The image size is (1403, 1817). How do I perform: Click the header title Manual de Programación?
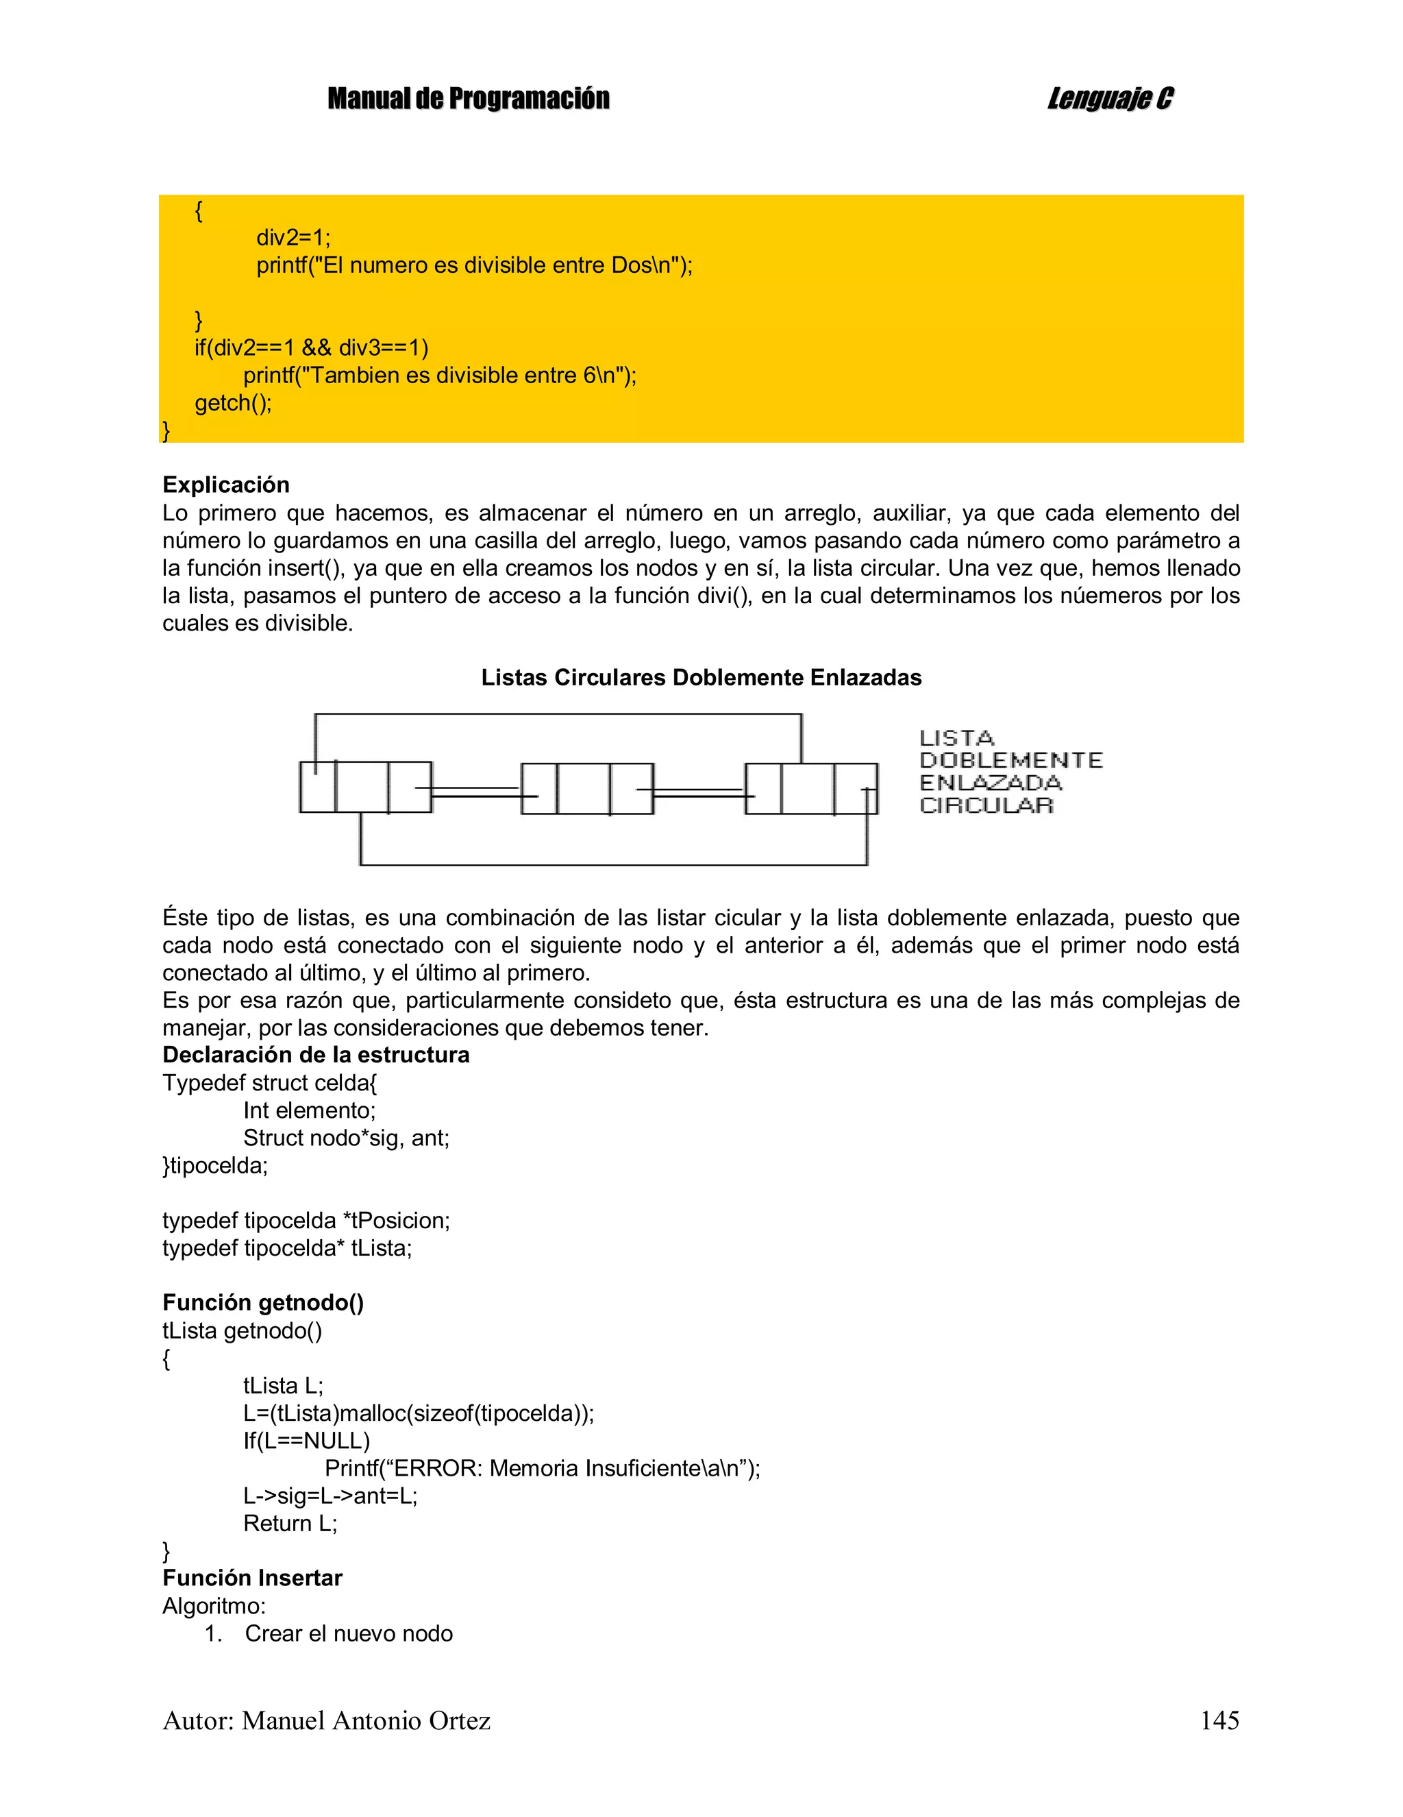[x=468, y=99]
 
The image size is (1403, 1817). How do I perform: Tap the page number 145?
[x=1219, y=1720]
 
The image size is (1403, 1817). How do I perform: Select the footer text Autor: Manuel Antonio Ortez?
[x=326, y=1720]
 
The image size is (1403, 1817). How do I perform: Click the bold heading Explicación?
[x=226, y=485]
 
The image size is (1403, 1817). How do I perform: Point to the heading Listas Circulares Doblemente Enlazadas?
[x=701, y=677]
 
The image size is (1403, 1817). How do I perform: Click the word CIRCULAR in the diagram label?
[x=986, y=805]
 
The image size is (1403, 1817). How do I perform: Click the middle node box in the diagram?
[x=587, y=788]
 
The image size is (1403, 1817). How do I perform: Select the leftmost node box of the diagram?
[x=366, y=787]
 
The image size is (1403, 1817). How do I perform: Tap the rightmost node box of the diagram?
[x=811, y=788]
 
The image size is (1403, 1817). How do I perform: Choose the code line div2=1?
[x=293, y=238]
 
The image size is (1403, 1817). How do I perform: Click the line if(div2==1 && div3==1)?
[x=312, y=347]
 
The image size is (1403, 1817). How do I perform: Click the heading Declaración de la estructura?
[x=316, y=1055]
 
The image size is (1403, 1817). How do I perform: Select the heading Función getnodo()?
[x=263, y=1303]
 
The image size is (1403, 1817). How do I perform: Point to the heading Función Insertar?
[x=252, y=1578]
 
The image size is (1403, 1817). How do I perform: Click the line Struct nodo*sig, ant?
[x=346, y=1138]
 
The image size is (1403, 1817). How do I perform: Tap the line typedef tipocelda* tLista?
[x=287, y=1248]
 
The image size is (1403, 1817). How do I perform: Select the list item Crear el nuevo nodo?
[x=349, y=1633]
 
